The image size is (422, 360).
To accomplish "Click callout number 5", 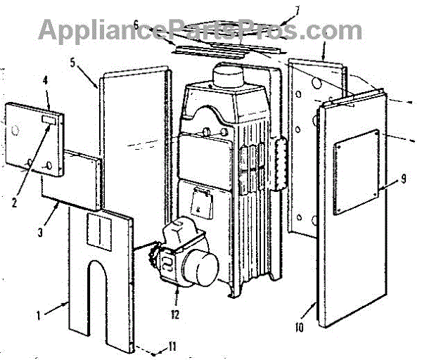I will coord(72,61).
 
